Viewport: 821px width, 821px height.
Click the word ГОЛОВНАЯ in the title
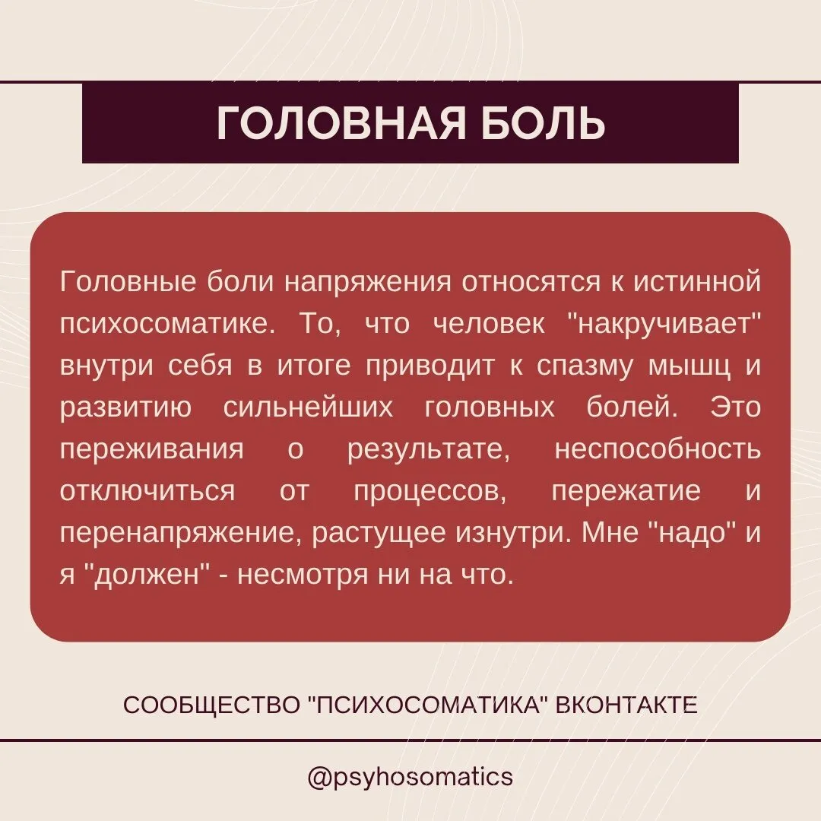pyautogui.click(x=341, y=124)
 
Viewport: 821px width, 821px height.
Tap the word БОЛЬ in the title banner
pyautogui.click(x=543, y=124)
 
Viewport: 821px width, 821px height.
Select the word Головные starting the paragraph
pyautogui.click(x=128, y=282)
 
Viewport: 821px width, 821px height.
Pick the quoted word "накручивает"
pyautogui.click(x=664, y=324)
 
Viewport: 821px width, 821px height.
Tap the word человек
pyautogui.click(x=489, y=324)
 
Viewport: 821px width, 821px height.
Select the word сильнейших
pyautogui.click(x=308, y=408)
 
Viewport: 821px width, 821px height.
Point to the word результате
pyautogui.click(x=429, y=450)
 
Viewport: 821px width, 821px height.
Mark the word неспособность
pyautogui.click(x=658, y=450)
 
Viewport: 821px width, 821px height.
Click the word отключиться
pyautogui.click(x=147, y=492)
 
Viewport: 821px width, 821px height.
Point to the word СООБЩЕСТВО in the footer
pyautogui.click(x=211, y=705)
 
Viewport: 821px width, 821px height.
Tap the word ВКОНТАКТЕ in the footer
pyautogui.click(x=626, y=705)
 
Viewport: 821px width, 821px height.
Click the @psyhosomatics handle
pyautogui.click(x=410, y=777)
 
